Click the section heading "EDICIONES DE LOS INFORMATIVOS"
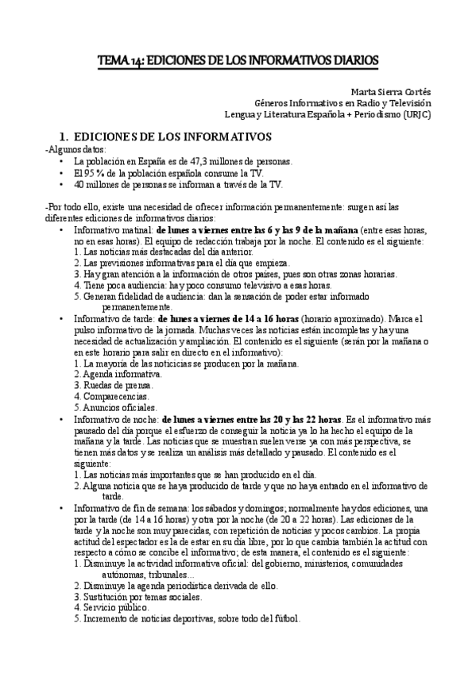click(x=172, y=136)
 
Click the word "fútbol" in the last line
click(x=284, y=619)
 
